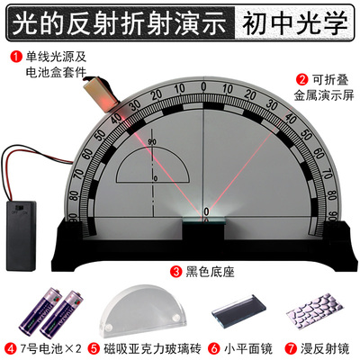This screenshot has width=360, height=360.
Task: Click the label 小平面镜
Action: (247, 347)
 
